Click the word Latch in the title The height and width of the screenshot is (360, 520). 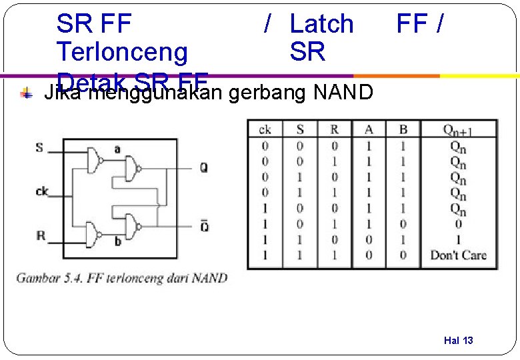(321, 24)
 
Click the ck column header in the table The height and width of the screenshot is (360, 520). (265, 129)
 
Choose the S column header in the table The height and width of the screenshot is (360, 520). (299, 129)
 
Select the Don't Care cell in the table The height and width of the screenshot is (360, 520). (458, 255)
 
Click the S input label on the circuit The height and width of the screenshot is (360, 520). (40, 147)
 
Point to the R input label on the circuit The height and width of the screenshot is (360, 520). (41, 235)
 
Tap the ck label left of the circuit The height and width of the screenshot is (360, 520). (42, 192)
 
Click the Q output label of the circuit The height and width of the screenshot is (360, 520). (203, 168)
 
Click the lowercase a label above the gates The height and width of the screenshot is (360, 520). (117, 149)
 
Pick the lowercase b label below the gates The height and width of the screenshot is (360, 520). (117, 241)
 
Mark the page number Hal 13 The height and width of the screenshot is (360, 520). (458, 341)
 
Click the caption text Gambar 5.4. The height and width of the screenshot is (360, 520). (44, 277)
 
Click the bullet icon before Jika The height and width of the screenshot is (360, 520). (25, 94)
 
